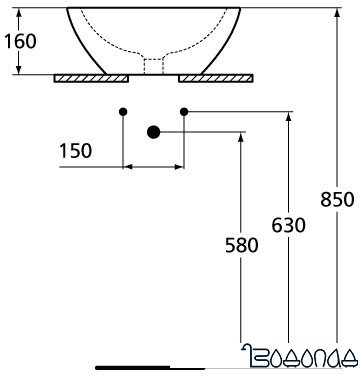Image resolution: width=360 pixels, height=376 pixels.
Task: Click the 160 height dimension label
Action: point(21,43)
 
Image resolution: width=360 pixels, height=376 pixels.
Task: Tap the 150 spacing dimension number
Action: point(76,151)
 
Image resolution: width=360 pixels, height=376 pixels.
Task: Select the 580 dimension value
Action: point(240,244)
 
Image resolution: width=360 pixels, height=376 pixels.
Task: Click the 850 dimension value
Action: point(337,199)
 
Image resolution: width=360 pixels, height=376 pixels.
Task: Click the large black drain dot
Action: point(153,131)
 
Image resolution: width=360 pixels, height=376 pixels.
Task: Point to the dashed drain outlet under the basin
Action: point(153,66)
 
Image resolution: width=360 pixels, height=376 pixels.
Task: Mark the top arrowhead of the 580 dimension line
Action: point(240,136)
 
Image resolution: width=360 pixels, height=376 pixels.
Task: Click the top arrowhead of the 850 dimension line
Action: point(338,9)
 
